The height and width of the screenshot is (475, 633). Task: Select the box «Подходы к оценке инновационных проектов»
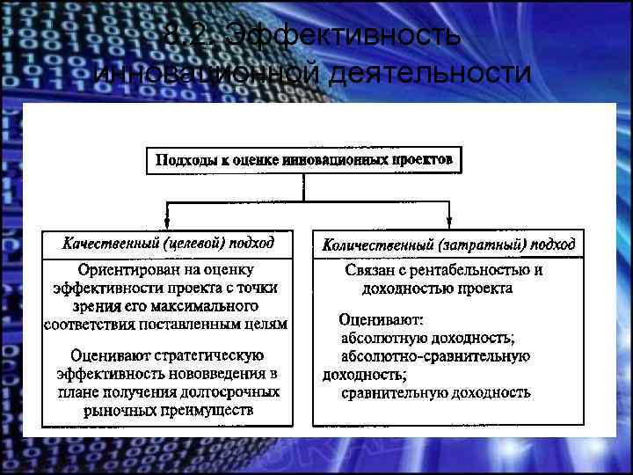tap(304, 161)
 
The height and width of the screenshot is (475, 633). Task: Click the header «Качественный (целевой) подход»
tap(168, 243)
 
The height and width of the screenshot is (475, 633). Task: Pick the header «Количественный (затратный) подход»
tap(449, 244)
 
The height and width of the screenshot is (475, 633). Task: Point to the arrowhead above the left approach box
tap(168, 221)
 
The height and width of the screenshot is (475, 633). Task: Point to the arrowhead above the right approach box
tap(449, 221)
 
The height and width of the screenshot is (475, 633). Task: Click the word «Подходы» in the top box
tap(183, 161)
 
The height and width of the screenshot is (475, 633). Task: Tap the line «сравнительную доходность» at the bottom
tap(435, 392)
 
